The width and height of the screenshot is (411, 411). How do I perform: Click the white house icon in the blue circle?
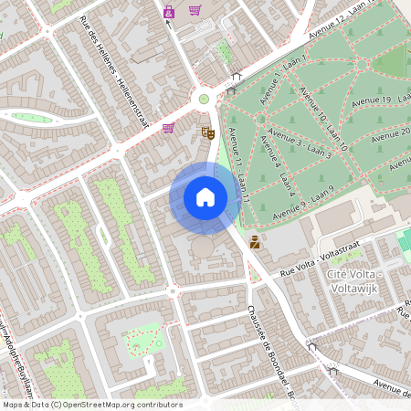(205, 197)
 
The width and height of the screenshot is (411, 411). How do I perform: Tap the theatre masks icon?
(208, 133)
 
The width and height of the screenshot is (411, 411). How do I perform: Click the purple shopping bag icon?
(169, 12)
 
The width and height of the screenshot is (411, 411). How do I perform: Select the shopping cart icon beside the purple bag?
(195, 11)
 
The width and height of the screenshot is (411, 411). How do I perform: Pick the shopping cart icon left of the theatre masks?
(168, 128)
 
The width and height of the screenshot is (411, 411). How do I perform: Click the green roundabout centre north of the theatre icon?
(204, 99)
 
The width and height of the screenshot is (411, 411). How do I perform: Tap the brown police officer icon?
(255, 243)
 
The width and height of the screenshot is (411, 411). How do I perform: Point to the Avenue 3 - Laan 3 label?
(304, 142)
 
